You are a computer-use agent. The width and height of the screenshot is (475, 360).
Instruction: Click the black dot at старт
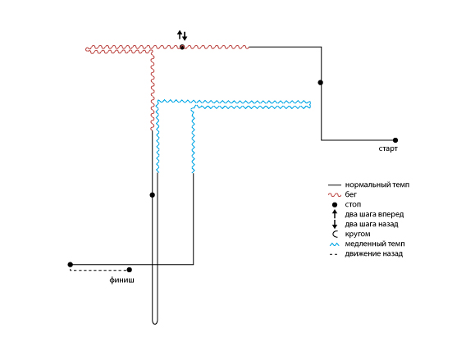pos(395,140)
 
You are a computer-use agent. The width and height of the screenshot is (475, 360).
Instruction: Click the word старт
pos(388,148)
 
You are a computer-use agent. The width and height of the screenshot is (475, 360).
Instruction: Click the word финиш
pos(121,280)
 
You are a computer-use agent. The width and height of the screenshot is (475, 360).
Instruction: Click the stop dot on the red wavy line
pos(182,47)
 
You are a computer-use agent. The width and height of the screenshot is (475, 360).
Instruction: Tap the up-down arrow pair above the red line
pos(182,35)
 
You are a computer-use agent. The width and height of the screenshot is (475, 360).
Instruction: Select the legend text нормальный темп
pos(377,185)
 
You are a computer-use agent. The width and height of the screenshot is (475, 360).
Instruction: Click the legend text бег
pos(351,194)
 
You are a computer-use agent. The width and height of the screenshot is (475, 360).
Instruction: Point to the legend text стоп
pos(353,204)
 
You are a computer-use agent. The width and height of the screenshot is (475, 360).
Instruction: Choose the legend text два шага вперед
pos(374,214)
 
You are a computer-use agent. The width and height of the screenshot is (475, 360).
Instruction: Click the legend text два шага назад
pos(372,224)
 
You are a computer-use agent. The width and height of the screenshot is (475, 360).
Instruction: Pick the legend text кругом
pos(358,234)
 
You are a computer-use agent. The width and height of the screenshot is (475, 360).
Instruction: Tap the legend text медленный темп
pos(375,244)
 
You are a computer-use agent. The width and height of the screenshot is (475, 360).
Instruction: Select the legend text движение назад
pos(374,253)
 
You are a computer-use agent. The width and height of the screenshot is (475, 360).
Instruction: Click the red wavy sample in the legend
pos(335,195)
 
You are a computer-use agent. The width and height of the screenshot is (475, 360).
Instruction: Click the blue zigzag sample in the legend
pos(335,244)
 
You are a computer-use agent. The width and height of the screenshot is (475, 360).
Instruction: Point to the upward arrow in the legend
pos(335,214)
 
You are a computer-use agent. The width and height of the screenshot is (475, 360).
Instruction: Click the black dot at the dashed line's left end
pos(71,265)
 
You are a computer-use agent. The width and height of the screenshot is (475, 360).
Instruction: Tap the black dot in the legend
pos(335,205)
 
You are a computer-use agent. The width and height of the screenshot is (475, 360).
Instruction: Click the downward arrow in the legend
pos(335,224)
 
